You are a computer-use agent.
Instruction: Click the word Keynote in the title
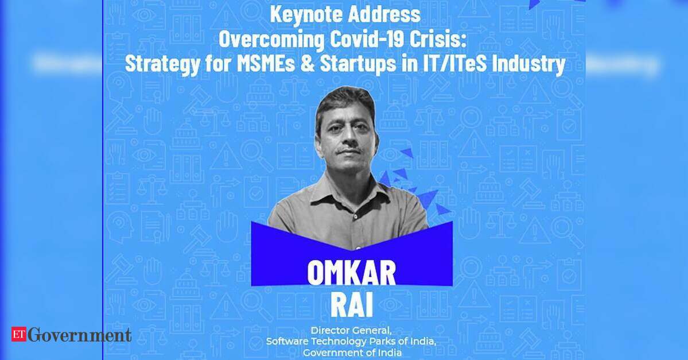305,14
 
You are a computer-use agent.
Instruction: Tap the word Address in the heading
383,14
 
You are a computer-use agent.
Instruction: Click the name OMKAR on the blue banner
351,272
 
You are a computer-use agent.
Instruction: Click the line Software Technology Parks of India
351,341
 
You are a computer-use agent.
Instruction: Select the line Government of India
352,353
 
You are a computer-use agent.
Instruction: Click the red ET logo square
19,334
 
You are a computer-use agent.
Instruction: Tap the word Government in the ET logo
79,335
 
